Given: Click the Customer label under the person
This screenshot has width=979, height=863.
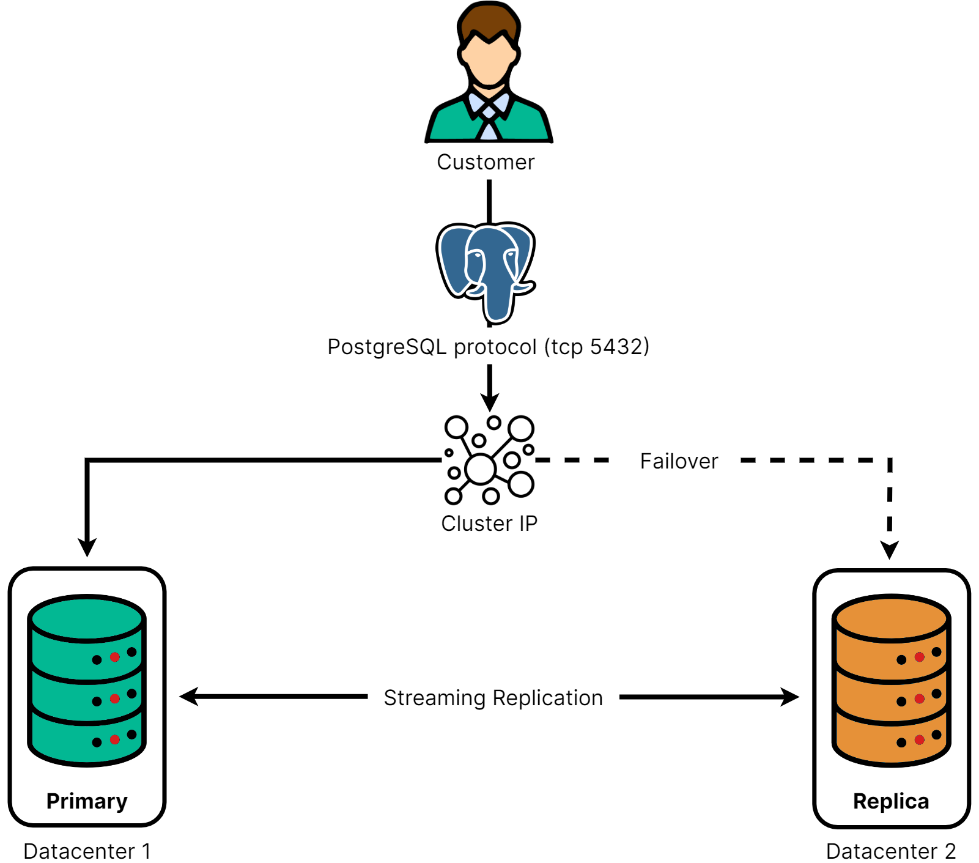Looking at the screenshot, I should (x=486, y=162).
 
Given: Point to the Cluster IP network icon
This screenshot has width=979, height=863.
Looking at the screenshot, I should (x=489, y=460).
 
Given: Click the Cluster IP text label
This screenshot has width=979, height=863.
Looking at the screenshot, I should (x=489, y=524).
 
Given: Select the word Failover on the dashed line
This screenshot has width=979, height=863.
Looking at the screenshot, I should (x=679, y=461).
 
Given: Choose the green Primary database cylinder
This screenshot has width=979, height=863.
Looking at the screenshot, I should (x=87, y=680).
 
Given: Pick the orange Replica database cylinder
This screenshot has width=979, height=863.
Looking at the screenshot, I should (x=892, y=680).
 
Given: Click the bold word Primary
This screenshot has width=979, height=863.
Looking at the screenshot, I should (x=87, y=801).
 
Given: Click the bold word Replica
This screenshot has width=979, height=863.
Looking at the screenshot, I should (x=891, y=801).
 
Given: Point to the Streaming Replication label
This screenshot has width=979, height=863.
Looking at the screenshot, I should (x=493, y=698).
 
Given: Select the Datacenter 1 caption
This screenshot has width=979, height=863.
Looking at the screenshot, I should (x=87, y=851).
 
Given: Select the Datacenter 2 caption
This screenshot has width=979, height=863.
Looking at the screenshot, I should (x=891, y=851).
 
